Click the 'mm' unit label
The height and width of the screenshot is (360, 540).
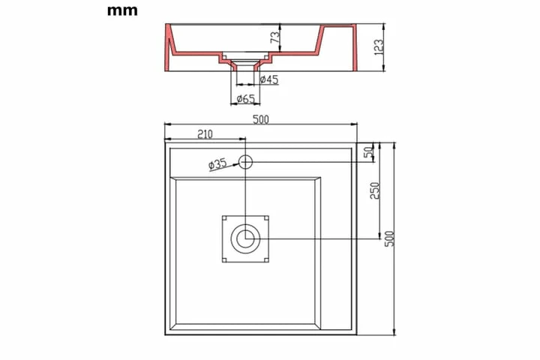[x=122, y=10]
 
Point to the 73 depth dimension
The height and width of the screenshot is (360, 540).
[x=274, y=37]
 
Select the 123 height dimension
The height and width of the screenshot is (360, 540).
[x=378, y=46]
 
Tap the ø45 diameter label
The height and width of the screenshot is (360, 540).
[x=269, y=79]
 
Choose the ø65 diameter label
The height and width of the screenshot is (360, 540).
[x=246, y=99]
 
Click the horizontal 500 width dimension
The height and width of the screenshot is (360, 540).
[x=261, y=119]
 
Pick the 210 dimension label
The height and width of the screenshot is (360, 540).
[x=205, y=134]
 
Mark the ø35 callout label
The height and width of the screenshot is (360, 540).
[x=217, y=164]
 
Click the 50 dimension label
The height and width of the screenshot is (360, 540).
[x=369, y=152]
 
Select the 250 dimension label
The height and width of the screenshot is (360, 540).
[x=375, y=190]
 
